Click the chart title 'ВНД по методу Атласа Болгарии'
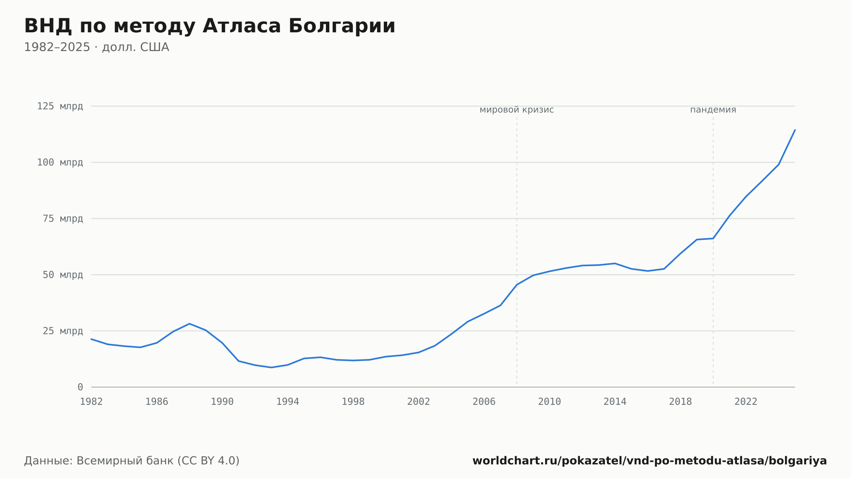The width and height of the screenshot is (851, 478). [210, 26]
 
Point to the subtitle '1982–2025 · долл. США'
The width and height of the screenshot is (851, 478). [97, 47]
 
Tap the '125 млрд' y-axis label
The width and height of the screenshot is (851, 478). [60, 106]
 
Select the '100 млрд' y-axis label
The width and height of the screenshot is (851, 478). [60, 162]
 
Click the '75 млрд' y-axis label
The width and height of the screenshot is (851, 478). [63, 219]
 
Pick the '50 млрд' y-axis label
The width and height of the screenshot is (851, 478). [63, 275]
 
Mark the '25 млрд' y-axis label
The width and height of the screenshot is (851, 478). [63, 331]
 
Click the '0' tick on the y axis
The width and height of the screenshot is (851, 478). [80, 387]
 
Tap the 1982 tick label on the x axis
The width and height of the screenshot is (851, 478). [91, 402]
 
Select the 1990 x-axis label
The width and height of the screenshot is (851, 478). [222, 402]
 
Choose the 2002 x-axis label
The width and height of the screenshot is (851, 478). [419, 402]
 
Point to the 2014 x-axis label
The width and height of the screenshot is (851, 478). [615, 402]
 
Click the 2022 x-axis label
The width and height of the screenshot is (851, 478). [746, 402]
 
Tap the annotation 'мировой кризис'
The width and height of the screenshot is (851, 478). [517, 110]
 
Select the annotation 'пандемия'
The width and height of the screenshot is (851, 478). [713, 110]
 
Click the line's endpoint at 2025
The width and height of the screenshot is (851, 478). [795, 130]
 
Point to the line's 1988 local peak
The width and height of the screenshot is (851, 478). [189, 324]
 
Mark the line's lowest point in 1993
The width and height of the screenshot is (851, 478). [271, 367]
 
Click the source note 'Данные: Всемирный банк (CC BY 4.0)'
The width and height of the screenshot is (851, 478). [132, 461]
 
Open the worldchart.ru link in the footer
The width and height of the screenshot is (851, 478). [650, 461]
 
